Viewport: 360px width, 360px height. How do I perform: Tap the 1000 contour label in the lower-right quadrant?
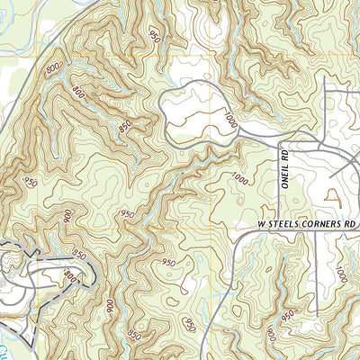(x=340, y=273)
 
